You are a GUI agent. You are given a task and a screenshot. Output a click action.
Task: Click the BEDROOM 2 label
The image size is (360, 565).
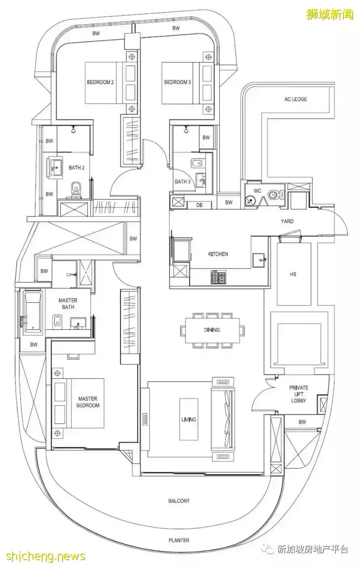pyautogui.click(x=100, y=82)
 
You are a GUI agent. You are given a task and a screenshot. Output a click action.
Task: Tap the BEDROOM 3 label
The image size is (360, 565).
pyautogui.click(x=177, y=82)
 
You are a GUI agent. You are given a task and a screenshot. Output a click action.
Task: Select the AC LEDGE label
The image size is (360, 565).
pyautogui.click(x=295, y=99)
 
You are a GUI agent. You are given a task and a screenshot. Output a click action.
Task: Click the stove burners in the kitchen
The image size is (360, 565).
pyautogui.click(x=218, y=278)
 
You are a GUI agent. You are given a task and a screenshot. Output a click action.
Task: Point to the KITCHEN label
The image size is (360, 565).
pyautogui.click(x=218, y=254)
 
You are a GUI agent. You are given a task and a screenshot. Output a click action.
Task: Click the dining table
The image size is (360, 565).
pyautogui.click(x=211, y=330)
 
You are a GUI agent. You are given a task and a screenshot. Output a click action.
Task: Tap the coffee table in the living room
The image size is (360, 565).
pyautogui.click(x=189, y=419)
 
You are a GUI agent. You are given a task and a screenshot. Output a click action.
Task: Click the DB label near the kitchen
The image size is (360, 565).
pyautogui.click(x=200, y=205)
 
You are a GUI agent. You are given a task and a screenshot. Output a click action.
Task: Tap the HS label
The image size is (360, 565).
pyautogui.click(x=293, y=274)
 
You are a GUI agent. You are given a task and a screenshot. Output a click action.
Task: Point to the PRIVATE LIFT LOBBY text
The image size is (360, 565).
pyautogui.click(x=299, y=394)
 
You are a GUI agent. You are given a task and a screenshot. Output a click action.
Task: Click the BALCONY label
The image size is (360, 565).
pyautogui.click(x=179, y=501)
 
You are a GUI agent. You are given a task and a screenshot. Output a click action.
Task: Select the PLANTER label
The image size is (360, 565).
pyautogui.click(x=179, y=540)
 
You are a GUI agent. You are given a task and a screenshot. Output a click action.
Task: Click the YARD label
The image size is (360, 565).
pyautogui.click(x=287, y=221)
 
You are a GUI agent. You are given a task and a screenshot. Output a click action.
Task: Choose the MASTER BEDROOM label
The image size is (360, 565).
pyautogui.click(x=88, y=402)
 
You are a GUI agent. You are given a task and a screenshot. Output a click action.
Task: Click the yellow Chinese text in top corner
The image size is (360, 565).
pyautogui.click(x=329, y=14)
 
